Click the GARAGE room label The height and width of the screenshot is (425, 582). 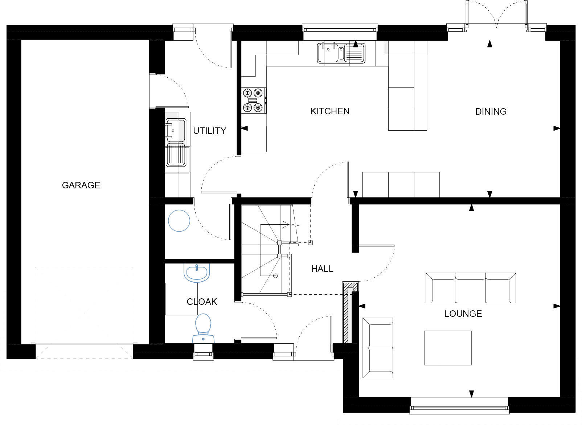pos(81,185)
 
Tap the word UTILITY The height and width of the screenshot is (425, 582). pos(209,131)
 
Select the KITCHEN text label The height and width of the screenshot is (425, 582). pos(330,111)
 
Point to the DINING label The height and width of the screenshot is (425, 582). pos(491,111)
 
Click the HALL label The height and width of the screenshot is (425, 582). pos(322,269)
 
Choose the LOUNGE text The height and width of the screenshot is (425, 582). pos(463,314)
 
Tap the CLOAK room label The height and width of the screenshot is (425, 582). pos(202,302)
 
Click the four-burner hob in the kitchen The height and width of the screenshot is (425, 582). pos(253,100)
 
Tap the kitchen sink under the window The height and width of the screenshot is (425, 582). pos(341,53)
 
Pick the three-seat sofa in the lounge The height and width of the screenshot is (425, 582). pos(471,288)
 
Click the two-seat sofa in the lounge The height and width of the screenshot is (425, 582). pos(378,348)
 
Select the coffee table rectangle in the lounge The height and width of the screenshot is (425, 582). pos(448,347)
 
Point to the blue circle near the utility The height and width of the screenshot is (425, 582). pos(179,220)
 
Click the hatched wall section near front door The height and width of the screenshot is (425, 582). pos(346,314)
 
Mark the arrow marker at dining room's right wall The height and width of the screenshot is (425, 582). pos(556,128)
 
